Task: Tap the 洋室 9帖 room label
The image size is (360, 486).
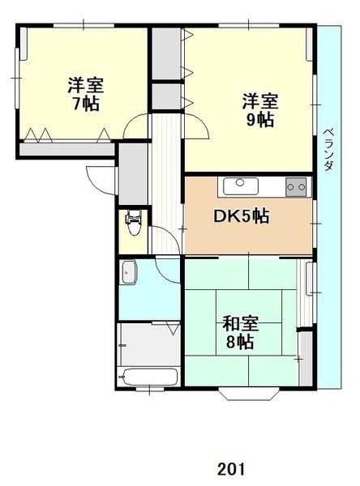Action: (x=260, y=110)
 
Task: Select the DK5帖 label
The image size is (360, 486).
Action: (x=242, y=217)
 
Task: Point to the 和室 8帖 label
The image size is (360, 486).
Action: (x=241, y=333)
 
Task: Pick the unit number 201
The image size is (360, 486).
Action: (x=230, y=469)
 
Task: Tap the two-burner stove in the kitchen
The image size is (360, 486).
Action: (x=296, y=186)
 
